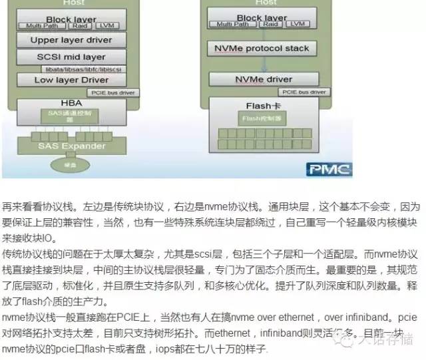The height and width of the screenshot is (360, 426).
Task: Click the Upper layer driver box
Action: pos(71,40)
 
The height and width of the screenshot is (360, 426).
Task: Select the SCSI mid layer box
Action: pos(71,57)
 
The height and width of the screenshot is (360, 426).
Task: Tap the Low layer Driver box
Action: pos(71,80)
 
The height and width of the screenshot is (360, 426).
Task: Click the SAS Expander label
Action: pos(71,145)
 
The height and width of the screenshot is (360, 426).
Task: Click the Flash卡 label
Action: pos(263,106)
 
